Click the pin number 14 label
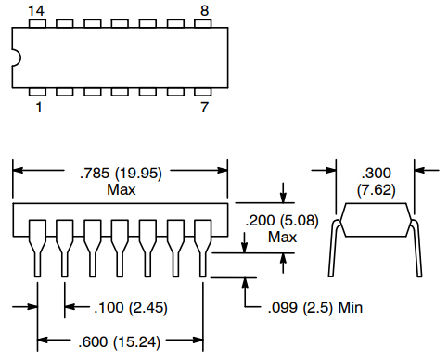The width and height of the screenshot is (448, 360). pyautogui.click(x=36, y=9)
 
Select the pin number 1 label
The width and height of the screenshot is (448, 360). pyautogui.click(x=37, y=109)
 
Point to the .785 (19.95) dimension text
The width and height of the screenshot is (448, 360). pyautogui.click(x=121, y=172)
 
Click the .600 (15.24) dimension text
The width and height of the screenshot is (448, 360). pyautogui.click(x=122, y=341)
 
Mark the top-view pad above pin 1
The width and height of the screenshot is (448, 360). pyautogui.click(x=37, y=92)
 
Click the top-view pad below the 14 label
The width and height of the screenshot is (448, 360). pyautogui.click(x=37, y=24)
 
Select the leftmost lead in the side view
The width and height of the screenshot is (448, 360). pyautogui.click(x=37, y=246)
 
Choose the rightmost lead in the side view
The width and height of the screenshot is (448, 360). pyautogui.click(x=204, y=246)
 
